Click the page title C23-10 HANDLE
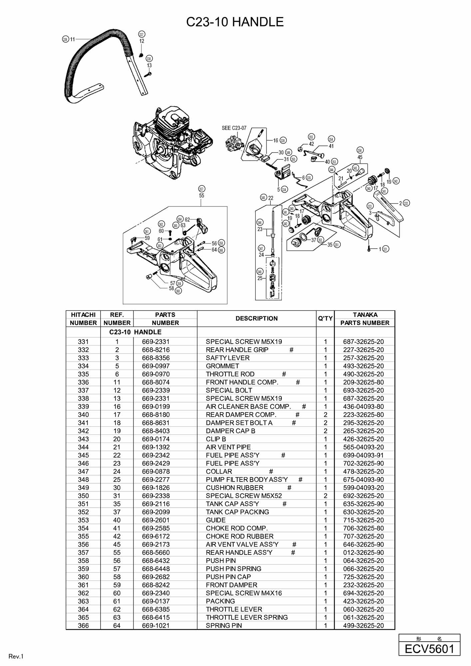click(x=235, y=22)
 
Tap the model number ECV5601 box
click(x=429, y=649)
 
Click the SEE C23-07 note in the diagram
click(x=234, y=128)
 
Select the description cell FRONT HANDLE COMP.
click(x=242, y=382)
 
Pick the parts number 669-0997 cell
click(x=156, y=366)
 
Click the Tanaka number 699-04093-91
click(x=363, y=455)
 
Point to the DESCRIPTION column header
click(x=256, y=318)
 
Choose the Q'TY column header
click(x=325, y=318)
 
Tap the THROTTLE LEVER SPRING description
click(x=247, y=617)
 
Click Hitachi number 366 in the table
click(x=83, y=625)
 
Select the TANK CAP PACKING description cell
click(x=237, y=512)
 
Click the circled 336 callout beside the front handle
click(x=65, y=39)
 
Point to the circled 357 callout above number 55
click(x=202, y=189)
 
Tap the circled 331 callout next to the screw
click(x=385, y=249)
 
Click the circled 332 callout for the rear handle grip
click(x=406, y=203)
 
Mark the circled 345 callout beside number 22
click(x=263, y=198)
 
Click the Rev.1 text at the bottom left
click(x=16, y=657)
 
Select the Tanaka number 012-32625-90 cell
click(x=363, y=552)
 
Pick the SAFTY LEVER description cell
click(x=228, y=358)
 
